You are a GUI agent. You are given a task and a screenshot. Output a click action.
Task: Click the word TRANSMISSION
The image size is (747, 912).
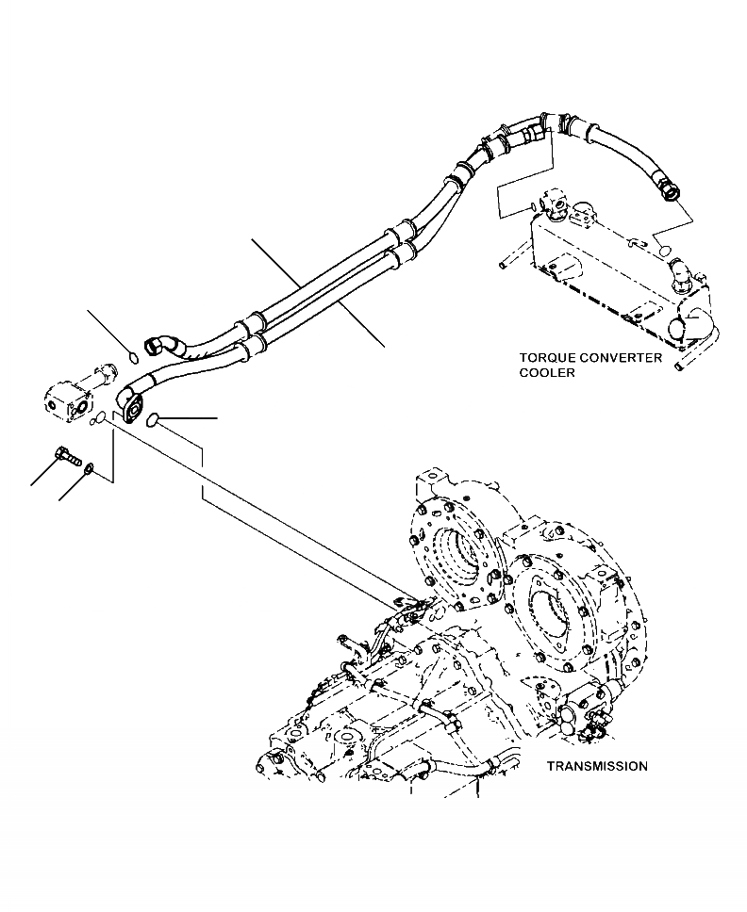[x=597, y=766]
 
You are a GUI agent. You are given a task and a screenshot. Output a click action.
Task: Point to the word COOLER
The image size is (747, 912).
[x=547, y=372]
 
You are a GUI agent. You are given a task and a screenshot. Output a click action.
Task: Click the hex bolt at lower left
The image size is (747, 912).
[x=67, y=456]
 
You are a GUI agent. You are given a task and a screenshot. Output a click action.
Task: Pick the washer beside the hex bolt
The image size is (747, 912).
[x=88, y=468]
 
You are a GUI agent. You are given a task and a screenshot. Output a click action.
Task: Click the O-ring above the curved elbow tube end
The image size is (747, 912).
[x=134, y=355]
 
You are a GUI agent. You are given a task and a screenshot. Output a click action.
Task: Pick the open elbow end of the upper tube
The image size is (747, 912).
[x=155, y=344]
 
